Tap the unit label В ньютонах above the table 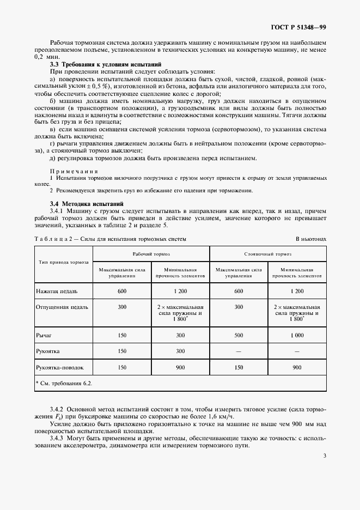pyautogui.click(x=311, y=239)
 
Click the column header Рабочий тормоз pyautogui.click(x=151, y=254)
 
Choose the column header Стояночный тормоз pyautogui.click(x=268, y=254)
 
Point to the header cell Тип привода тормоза pyautogui.click(x=64, y=262)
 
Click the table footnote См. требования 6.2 pyautogui.click(x=64, y=383)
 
